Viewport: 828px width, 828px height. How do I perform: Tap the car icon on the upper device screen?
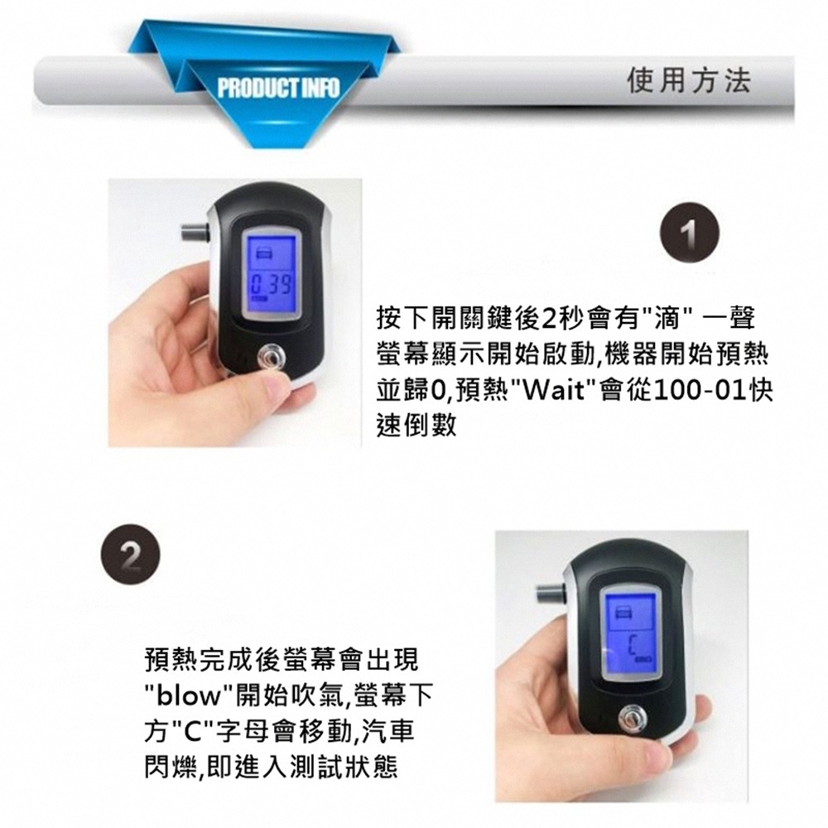[266, 251]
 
